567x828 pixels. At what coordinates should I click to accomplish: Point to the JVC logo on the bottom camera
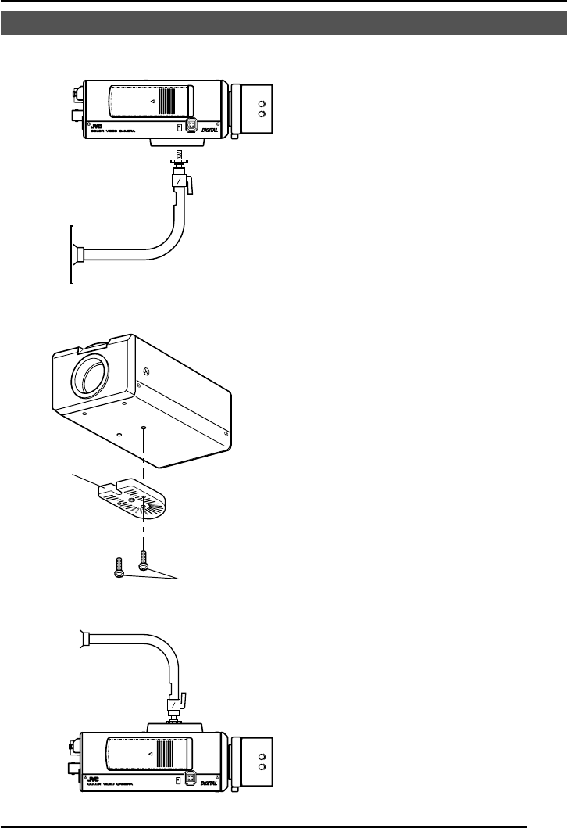[95, 779]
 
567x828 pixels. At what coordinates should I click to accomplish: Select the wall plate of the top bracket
[72, 254]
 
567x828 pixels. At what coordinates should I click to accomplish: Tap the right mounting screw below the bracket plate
[142, 558]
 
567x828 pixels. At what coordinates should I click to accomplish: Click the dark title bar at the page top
[283, 23]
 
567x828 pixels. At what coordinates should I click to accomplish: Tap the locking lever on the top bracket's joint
[194, 185]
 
